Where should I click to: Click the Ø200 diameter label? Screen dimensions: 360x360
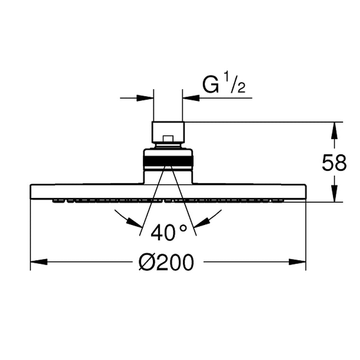point(166,262)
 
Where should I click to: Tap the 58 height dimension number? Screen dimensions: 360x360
point(334,162)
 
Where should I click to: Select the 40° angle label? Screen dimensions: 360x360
point(169,233)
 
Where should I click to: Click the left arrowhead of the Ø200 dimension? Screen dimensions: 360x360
point(39,262)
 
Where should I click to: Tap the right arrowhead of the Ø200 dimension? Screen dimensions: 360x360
point(297,262)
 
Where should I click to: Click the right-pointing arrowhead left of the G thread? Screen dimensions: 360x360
point(145,98)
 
